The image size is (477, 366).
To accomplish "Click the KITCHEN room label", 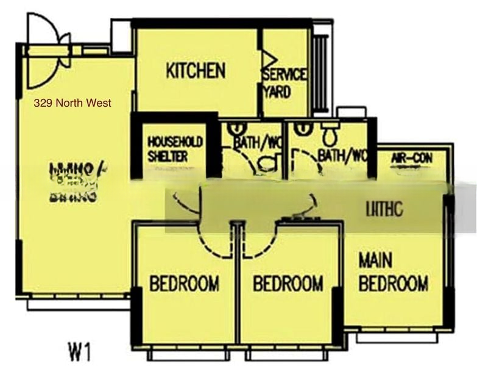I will (195, 71).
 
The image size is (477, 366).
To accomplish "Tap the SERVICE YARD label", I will (284, 83).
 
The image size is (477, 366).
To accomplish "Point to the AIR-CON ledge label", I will (412, 159).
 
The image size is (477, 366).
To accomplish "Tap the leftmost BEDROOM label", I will (184, 284).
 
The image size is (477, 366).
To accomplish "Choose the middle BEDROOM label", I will (288, 284).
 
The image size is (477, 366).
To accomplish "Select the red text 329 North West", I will (72, 103).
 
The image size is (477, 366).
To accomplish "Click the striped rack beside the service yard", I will (320, 73).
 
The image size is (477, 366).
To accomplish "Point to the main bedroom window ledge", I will (397, 337).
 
